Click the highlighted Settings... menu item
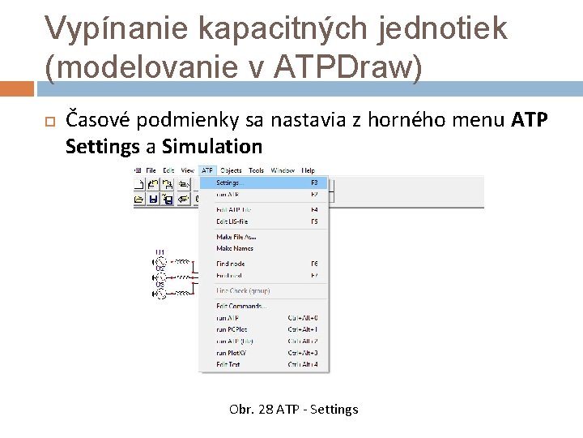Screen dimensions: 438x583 [x=231, y=182]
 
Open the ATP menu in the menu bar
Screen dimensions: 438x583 [x=207, y=170]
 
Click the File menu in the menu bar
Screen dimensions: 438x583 [x=151, y=170]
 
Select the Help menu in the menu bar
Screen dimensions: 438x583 [x=309, y=170]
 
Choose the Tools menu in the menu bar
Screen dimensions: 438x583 [x=256, y=170]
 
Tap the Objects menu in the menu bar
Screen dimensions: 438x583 [x=231, y=170]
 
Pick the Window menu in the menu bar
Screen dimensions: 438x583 [x=283, y=170]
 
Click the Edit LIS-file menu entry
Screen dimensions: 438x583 [x=232, y=221]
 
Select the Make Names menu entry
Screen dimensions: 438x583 [x=234, y=248]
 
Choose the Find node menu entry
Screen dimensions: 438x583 [x=230, y=264]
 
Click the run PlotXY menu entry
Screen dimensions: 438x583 [x=232, y=353]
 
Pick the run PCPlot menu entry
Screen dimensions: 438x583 [x=232, y=329]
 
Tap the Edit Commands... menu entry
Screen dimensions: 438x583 [x=240, y=306]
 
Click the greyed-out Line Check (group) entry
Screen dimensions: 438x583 [x=242, y=290]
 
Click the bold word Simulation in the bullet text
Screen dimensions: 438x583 [x=212, y=147]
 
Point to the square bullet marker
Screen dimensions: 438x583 [x=49, y=121]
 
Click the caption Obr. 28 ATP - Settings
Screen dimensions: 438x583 [x=293, y=409]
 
